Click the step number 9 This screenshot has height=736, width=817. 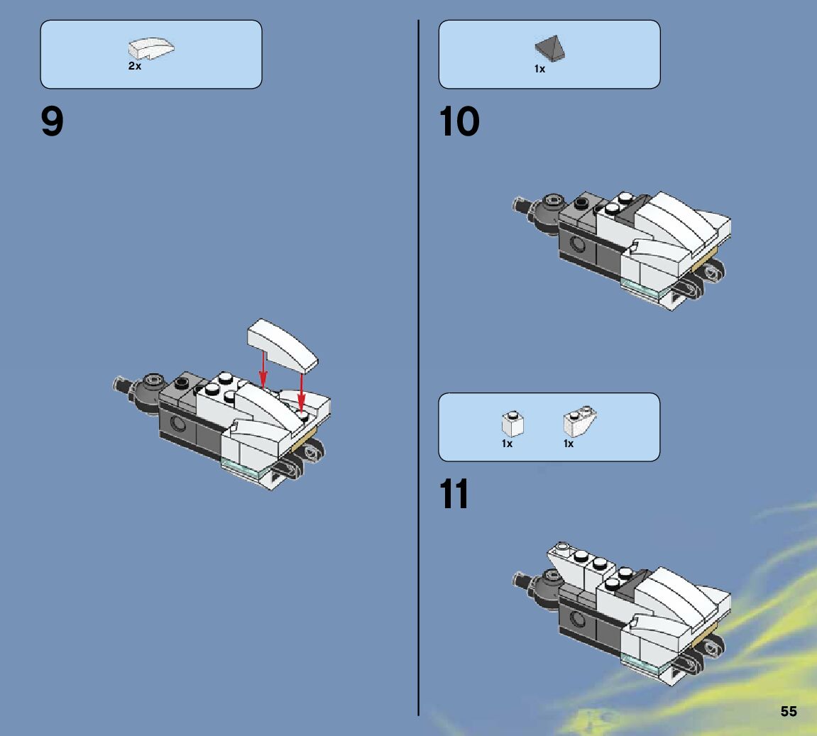tap(52, 121)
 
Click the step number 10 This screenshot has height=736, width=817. tap(459, 121)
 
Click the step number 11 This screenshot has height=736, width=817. tap(454, 493)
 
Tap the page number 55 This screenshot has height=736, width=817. tap(789, 711)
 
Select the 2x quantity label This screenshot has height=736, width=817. tap(134, 66)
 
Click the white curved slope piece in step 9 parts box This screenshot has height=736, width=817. tap(151, 48)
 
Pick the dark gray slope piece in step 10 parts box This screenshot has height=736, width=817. tap(549, 48)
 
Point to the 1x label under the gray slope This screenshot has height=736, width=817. tap(539, 69)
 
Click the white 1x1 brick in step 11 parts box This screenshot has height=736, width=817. tap(512, 424)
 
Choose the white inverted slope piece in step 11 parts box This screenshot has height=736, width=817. tap(580, 422)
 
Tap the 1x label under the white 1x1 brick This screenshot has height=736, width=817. tap(507, 444)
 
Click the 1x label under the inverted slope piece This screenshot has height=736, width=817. tap(569, 444)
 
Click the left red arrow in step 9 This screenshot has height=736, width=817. tap(263, 369)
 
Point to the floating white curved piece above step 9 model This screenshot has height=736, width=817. tap(282, 345)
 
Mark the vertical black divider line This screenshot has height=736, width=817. tap(418, 368)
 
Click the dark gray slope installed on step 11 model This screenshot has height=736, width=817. tap(632, 584)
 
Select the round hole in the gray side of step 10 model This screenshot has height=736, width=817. tap(577, 243)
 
